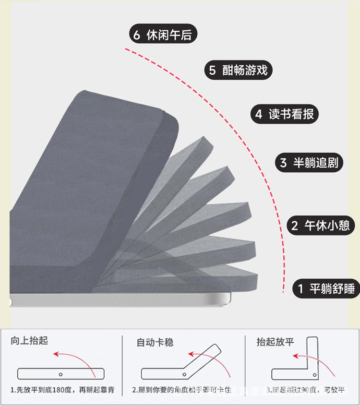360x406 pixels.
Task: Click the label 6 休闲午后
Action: point(163,35)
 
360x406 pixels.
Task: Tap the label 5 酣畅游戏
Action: point(238,71)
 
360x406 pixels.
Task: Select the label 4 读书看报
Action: point(285,114)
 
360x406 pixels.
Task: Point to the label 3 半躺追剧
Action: point(309,162)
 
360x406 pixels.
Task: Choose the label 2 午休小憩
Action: point(320,225)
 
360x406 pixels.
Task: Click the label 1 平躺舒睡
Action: point(326,288)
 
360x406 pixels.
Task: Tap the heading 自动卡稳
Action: point(155,342)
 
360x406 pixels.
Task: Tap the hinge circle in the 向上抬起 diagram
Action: point(60,373)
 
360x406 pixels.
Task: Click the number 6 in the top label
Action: point(137,35)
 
